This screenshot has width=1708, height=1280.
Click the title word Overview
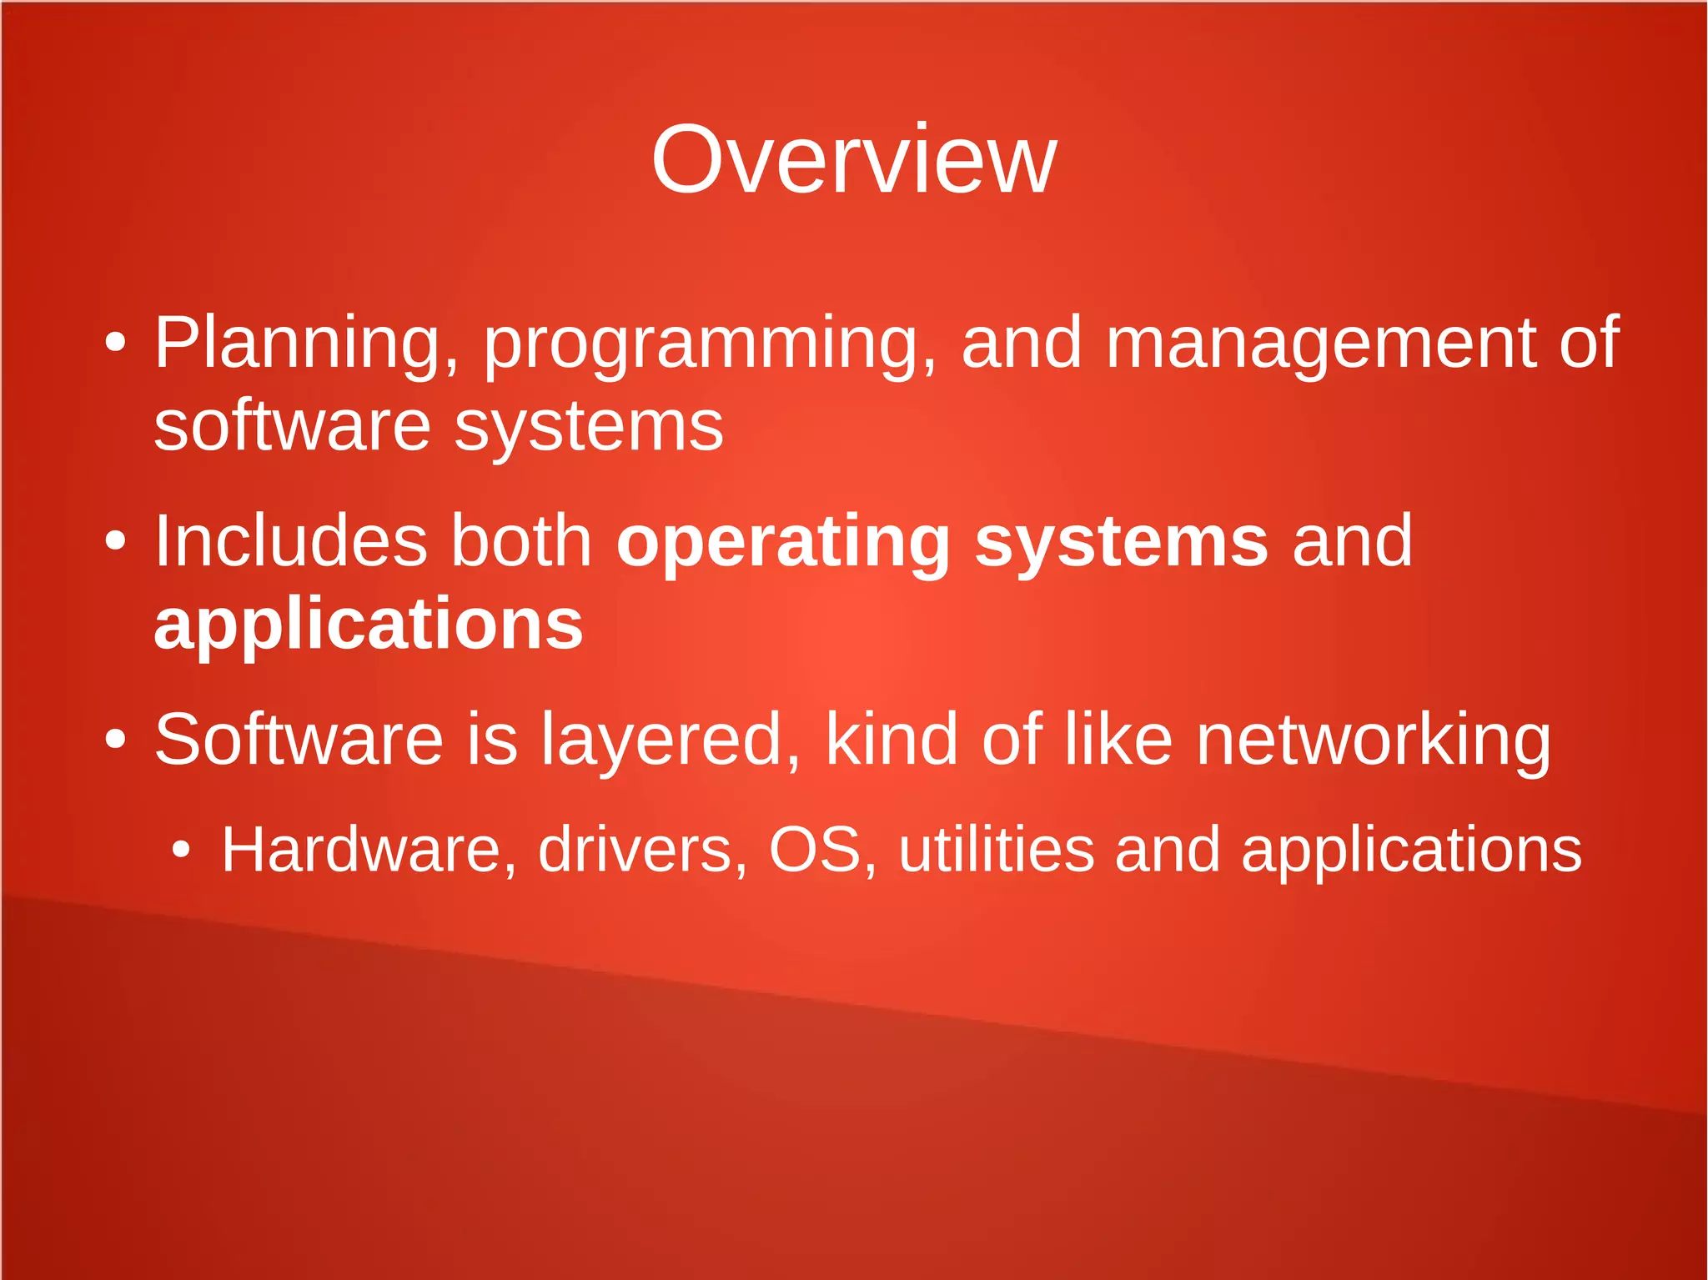pos(854,160)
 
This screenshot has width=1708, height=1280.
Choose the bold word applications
pos(369,625)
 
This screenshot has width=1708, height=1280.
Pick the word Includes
pos(291,541)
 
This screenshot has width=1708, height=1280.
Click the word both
pos(522,541)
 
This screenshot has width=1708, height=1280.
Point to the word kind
pos(892,740)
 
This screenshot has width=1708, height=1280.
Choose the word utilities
pos(996,851)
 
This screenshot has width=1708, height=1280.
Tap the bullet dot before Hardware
pos(181,851)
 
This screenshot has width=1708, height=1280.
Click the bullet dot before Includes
pos(116,541)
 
